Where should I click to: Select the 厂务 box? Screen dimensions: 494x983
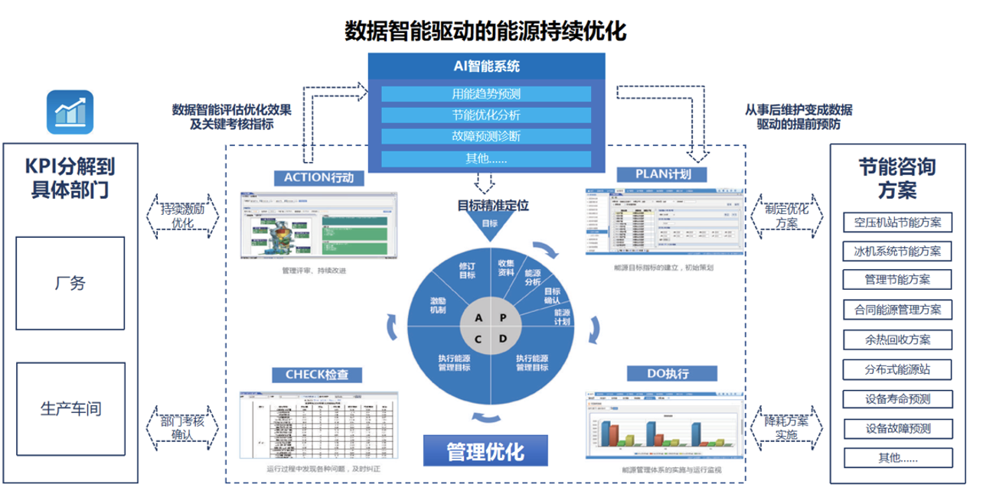click(70, 283)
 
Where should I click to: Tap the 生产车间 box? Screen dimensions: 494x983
click(70, 408)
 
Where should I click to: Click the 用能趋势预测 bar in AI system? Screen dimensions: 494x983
click(486, 94)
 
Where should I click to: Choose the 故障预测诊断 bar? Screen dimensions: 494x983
click(486, 137)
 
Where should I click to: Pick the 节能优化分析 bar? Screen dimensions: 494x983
click(486, 115)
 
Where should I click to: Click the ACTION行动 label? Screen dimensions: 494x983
click(320, 177)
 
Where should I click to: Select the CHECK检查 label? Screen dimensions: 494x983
click(316, 375)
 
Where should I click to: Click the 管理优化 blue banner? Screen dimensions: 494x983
click(486, 451)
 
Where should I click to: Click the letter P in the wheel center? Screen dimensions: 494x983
click(502, 317)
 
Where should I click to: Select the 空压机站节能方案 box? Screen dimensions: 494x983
click(897, 223)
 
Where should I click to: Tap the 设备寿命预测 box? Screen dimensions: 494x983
click(897, 398)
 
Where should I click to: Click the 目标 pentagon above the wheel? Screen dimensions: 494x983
click(489, 223)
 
